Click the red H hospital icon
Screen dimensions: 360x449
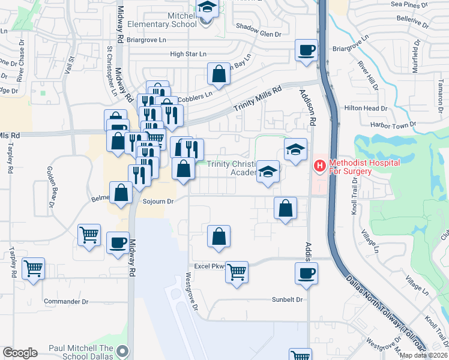coord(320,164)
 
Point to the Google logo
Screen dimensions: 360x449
coord(20,352)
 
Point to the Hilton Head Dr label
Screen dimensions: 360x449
coord(378,108)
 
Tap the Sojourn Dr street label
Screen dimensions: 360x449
coord(158,202)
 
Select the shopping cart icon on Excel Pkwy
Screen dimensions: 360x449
coord(237,272)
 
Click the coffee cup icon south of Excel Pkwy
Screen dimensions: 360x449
coord(306,273)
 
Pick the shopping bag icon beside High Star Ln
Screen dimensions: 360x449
coord(218,74)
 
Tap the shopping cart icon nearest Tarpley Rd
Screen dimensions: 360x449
coord(33,268)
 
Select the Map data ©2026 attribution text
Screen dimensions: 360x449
coord(423,355)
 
